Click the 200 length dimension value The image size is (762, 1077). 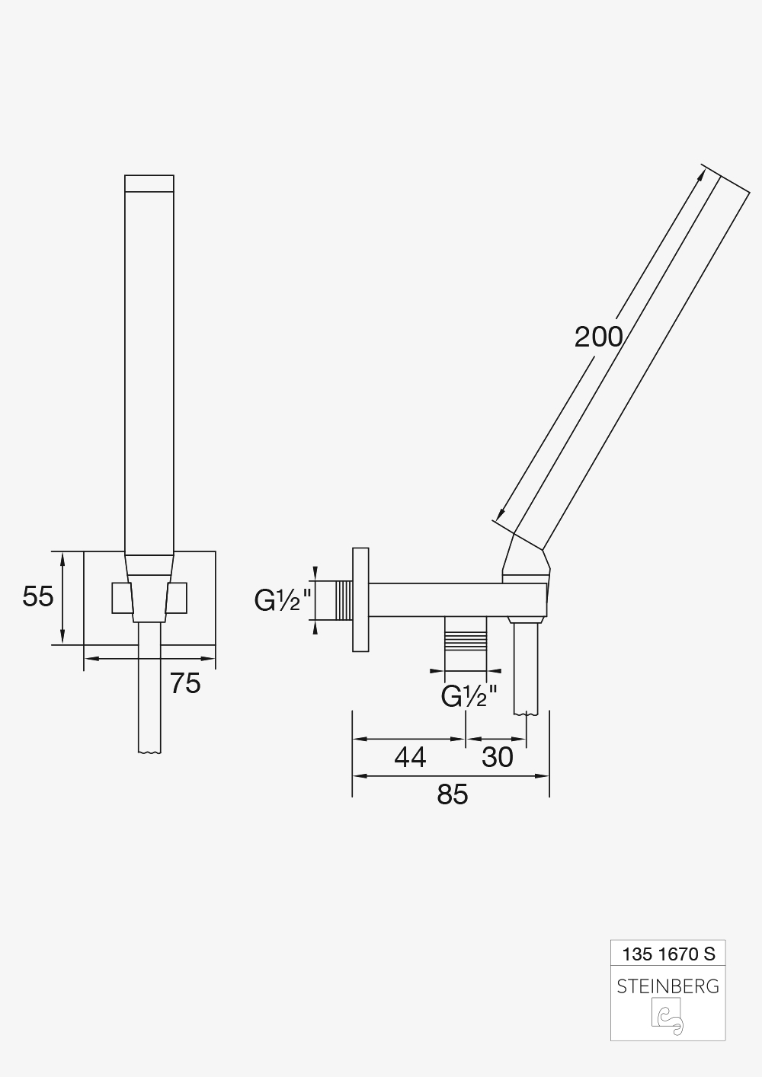(x=598, y=337)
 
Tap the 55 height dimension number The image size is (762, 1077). (x=38, y=596)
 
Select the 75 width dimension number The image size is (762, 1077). (x=185, y=683)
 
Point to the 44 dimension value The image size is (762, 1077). (x=411, y=757)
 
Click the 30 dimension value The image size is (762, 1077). (x=498, y=757)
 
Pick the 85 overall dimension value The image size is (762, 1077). (x=452, y=794)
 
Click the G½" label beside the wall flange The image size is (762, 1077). (x=283, y=600)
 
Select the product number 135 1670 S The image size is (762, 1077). (x=669, y=954)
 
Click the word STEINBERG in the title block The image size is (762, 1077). (x=668, y=986)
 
